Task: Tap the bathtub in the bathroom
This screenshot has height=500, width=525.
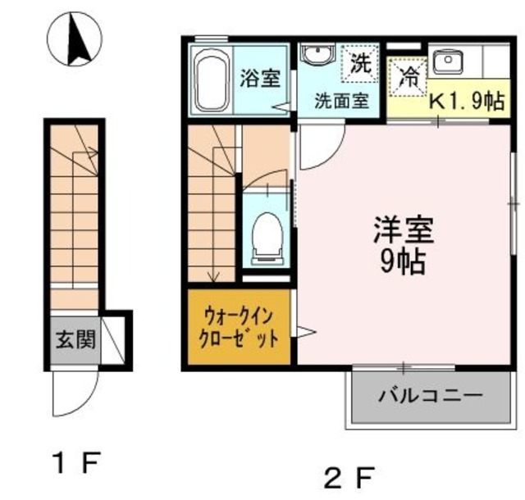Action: [212, 80]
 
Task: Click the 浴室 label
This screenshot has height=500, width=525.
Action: [260, 79]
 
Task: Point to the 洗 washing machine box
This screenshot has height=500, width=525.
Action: [360, 61]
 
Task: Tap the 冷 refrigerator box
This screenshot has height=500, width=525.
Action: [407, 78]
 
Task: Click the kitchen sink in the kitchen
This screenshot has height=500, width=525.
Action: [448, 59]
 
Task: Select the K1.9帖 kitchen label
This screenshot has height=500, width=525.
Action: [468, 102]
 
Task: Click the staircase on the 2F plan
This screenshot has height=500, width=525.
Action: [212, 205]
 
